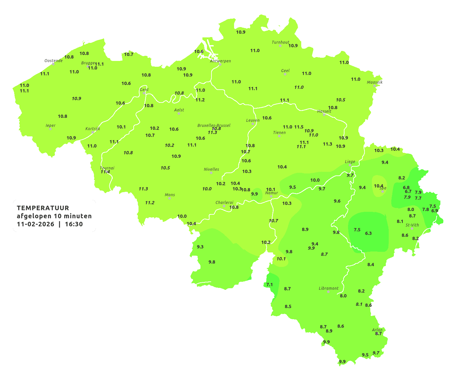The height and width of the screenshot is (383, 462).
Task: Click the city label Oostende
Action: (x=53, y=61)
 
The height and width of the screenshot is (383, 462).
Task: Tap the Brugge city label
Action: (x=88, y=63)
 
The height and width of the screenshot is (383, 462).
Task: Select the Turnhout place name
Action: (x=280, y=42)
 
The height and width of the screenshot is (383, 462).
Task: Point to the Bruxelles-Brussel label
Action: (x=214, y=125)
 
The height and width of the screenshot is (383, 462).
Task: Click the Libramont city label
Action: (x=328, y=288)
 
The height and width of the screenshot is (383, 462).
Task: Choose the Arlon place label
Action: (x=377, y=330)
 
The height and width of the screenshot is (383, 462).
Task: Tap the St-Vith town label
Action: (x=412, y=225)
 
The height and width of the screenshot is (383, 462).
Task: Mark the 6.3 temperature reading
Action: (x=368, y=233)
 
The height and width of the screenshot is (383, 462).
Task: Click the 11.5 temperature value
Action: (x=299, y=127)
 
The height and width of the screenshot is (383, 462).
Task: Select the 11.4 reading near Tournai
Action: (x=105, y=172)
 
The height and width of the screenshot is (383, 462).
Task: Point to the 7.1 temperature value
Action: (x=269, y=285)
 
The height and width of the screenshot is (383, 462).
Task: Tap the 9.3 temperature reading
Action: (x=200, y=247)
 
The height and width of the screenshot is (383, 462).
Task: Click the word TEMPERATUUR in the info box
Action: (x=43, y=208)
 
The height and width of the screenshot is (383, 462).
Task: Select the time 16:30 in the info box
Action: (x=74, y=224)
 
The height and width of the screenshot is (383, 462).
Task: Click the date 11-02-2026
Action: (x=36, y=224)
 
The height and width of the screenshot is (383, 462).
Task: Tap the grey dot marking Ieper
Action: (x=50, y=129)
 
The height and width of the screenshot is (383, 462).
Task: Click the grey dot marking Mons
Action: (x=169, y=198)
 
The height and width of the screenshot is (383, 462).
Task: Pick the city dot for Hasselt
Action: (x=324, y=115)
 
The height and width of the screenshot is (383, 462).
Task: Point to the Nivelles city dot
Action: (x=211, y=173)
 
